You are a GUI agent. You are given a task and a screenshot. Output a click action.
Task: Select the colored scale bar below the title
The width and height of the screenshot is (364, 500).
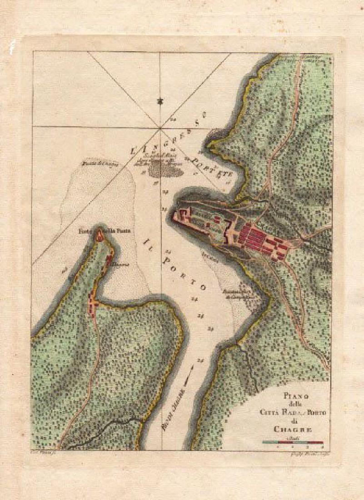click(x=293, y=442)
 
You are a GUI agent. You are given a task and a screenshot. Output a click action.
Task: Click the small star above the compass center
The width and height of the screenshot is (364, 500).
click(x=160, y=101)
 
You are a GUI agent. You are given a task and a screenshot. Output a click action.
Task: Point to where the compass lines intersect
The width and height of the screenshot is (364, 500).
click(x=160, y=127)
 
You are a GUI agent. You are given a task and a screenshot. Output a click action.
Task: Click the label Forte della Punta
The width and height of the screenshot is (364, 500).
click(x=105, y=230)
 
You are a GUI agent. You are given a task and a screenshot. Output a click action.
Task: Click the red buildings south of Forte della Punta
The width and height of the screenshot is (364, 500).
click(x=93, y=305)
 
